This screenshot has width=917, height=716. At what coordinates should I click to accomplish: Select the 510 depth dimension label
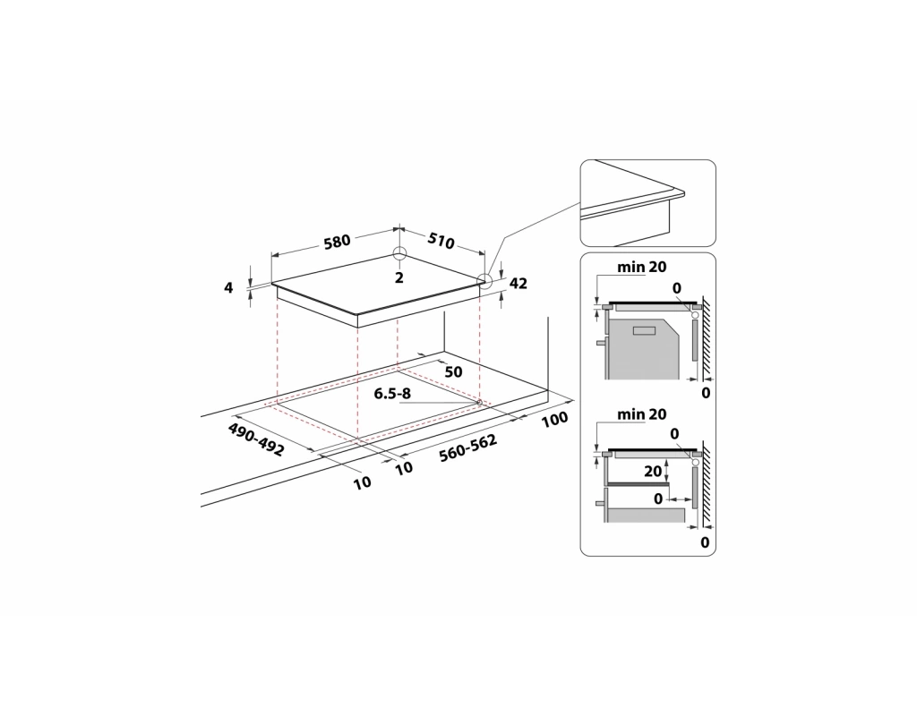click(441, 240)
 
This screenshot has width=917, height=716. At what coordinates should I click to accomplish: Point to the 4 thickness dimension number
click(228, 287)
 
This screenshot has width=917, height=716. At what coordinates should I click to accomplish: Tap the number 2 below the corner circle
click(399, 277)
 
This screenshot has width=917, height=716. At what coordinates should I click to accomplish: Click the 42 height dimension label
click(518, 284)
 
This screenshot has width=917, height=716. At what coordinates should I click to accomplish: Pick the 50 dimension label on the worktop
click(453, 371)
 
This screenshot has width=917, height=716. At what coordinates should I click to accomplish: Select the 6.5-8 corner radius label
click(392, 394)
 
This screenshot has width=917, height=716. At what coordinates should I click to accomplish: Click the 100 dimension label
click(554, 419)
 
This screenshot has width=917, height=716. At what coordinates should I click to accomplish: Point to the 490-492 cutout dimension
click(256, 439)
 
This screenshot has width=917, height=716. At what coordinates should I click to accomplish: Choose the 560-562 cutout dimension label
click(467, 447)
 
